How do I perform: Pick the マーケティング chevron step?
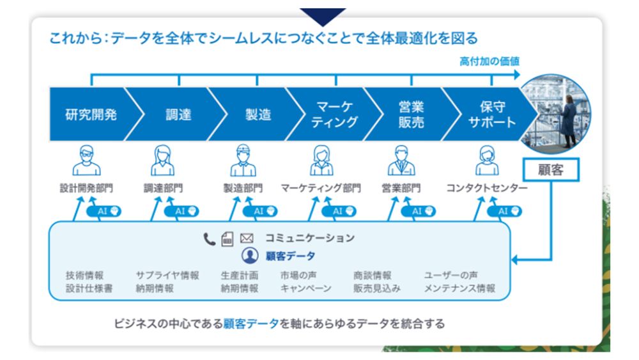(334, 114)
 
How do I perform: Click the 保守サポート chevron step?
(491, 114)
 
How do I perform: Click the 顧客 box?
(550, 170)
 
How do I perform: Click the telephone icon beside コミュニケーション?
(210, 239)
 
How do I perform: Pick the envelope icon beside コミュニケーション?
(247, 239)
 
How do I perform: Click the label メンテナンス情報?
(459, 288)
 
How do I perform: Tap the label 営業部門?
(401, 189)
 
